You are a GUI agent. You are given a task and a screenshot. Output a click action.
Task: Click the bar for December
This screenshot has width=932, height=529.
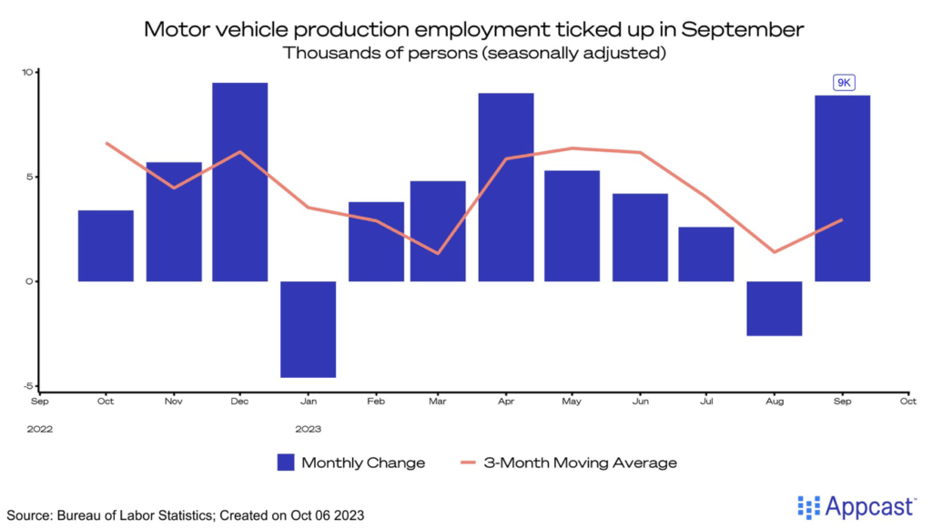240,182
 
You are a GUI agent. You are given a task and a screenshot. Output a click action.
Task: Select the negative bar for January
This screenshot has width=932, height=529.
308,329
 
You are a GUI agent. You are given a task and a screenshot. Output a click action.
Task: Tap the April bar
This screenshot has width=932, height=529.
506,187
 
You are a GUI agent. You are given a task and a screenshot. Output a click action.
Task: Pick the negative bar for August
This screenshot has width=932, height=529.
775,308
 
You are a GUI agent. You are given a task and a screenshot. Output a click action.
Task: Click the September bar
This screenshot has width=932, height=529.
842,188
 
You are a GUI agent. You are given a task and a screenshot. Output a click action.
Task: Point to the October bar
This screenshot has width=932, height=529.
106,245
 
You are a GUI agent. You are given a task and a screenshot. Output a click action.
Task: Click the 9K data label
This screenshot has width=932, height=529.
843,83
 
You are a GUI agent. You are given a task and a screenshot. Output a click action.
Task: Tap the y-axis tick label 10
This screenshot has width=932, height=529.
27,72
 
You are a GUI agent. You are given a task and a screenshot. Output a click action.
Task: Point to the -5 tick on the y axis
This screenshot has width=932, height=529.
27,385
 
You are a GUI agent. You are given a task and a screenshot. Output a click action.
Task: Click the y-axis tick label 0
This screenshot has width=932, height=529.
29,281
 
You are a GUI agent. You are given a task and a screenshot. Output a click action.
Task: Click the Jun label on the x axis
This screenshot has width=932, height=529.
642,400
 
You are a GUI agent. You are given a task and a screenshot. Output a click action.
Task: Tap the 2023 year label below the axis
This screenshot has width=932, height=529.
309,427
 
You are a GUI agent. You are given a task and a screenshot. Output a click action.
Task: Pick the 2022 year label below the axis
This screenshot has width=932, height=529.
41,427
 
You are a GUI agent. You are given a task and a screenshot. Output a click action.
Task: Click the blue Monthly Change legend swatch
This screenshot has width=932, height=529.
287,463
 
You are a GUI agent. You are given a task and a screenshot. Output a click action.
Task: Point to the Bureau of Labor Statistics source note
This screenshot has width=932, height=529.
184,515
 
